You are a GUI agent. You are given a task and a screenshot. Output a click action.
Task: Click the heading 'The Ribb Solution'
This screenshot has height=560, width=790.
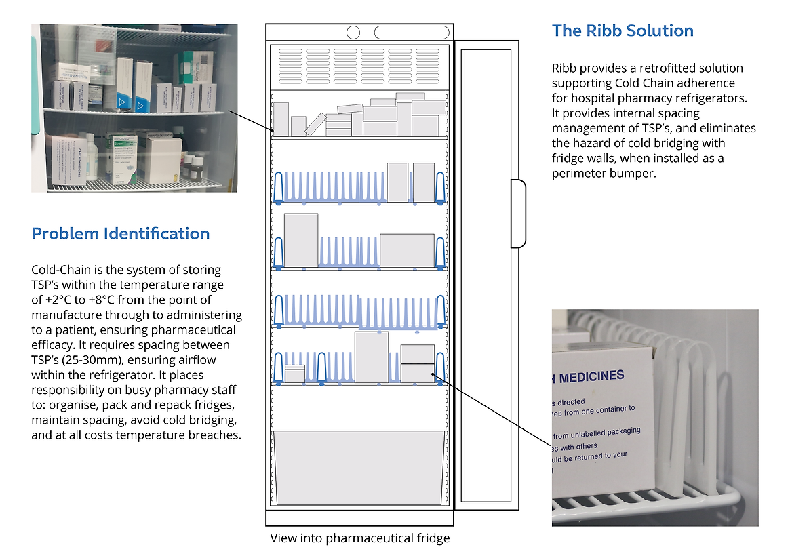pos(623,31)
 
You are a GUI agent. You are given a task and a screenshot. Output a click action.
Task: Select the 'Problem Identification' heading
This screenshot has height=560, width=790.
pos(121,234)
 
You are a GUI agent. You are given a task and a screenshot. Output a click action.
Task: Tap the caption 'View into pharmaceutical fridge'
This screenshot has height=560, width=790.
pos(360,538)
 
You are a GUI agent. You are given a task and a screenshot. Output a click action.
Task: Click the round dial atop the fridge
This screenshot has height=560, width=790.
pos(353,32)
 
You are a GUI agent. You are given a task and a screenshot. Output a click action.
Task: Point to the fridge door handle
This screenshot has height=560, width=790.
pos(518,213)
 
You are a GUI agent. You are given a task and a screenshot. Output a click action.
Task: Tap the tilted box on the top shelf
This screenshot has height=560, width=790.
pos(315,124)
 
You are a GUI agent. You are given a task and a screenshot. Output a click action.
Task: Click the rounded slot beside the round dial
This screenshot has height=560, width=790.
pos(412,32)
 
